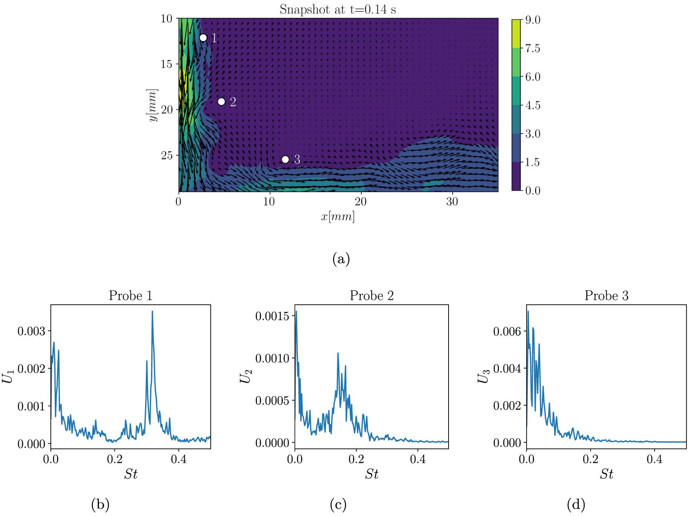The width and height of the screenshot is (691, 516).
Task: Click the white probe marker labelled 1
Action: pyautogui.click(x=203, y=38)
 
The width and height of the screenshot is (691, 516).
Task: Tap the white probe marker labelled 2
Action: pyautogui.click(x=221, y=101)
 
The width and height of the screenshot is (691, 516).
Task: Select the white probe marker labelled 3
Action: pyautogui.click(x=285, y=160)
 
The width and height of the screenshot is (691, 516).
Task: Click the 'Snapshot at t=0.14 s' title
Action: pyautogui.click(x=338, y=9)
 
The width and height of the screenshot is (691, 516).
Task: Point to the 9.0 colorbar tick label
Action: pyautogui.click(x=533, y=20)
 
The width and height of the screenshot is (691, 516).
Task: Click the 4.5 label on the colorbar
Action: pyautogui.click(x=533, y=105)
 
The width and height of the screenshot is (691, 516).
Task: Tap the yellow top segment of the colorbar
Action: pyautogui.click(x=516, y=33)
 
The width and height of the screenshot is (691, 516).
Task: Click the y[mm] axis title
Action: pyautogui.click(x=152, y=105)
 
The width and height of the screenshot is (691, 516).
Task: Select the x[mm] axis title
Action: pyautogui.click(x=338, y=217)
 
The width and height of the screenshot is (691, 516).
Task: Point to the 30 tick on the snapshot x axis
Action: pyautogui.click(x=452, y=202)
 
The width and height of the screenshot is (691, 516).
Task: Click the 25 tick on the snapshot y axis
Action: pyautogui.click(x=167, y=155)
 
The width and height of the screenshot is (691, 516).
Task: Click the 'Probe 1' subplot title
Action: pyautogui.click(x=130, y=296)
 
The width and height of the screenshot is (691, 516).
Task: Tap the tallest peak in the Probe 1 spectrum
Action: pyautogui.click(x=152, y=312)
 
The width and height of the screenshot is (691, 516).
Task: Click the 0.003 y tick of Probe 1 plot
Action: pyautogui.click(x=31, y=331)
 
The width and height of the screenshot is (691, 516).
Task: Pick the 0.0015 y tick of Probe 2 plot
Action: pyautogui.click(x=272, y=316)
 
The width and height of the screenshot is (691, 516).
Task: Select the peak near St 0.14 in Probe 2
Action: pyautogui.click(x=338, y=354)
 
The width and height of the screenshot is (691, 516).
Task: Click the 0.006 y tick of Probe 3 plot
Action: pyautogui.click(x=507, y=331)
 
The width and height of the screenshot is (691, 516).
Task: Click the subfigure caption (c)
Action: pyautogui.click(x=338, y=505)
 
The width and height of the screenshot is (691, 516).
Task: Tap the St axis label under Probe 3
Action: pyautogui.click(x=606, y=474)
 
